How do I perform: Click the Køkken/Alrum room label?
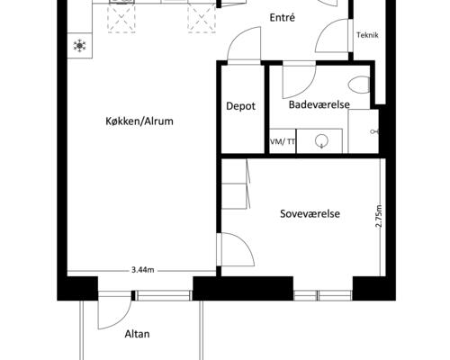(139, 121)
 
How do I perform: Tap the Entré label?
(283, 18)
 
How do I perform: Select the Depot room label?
(241, 106)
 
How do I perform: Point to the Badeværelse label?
(319, 104)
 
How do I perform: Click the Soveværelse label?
(310, 214)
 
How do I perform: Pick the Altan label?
(137, 334)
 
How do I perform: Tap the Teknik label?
(367, 35)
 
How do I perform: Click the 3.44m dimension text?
(143, 270)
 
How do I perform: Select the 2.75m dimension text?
(379, 216)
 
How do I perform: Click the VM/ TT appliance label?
(283, 141)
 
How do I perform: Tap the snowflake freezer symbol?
(79, 46)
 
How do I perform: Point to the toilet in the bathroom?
(359, 85)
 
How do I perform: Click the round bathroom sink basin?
(321, 141)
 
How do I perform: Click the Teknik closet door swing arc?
(325, 29)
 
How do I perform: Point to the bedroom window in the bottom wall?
(322, 295)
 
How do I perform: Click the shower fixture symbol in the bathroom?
(374, 131)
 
